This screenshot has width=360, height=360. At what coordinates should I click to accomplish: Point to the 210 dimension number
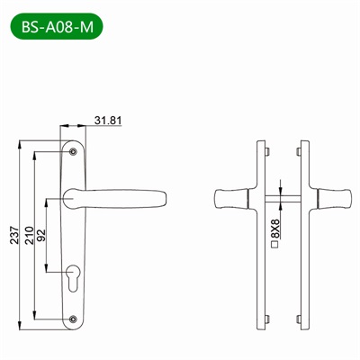pos(29,236)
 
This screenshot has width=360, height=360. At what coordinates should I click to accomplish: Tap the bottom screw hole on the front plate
pos(74,316)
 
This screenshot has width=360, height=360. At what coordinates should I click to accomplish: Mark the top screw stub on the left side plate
pos(268,149)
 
